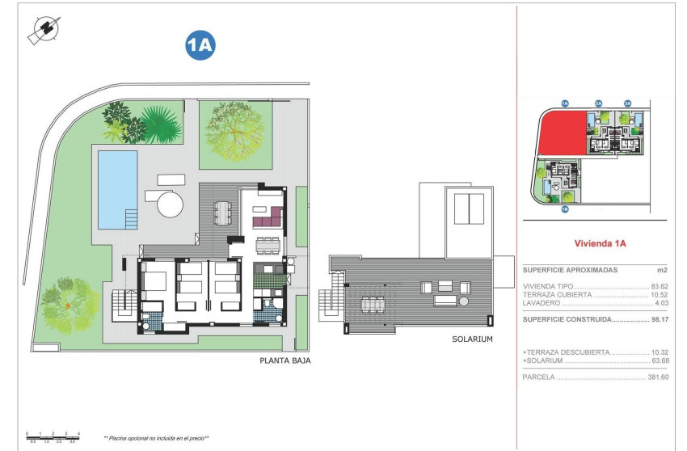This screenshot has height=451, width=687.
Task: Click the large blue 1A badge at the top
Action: click(x=200, y=47)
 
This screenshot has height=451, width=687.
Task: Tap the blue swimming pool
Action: click(x=117, y=187)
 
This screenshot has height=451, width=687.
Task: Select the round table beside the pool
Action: click(x=171, y=203)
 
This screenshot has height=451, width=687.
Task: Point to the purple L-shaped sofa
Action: click(x=268, y=217)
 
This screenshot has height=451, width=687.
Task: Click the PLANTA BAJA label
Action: click(x=284, y=362)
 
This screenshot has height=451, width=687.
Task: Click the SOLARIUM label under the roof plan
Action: click(x=472, y=339)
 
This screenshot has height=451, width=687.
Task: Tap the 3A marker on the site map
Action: click(x=627, y=103)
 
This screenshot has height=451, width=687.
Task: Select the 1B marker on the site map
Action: click(x=565, y=210)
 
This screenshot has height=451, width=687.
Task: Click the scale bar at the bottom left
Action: click(x=53, y=437)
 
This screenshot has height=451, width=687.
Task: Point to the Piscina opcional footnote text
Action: click(x=156, y=438)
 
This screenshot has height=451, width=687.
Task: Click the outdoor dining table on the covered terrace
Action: click(x=222, y=213)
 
